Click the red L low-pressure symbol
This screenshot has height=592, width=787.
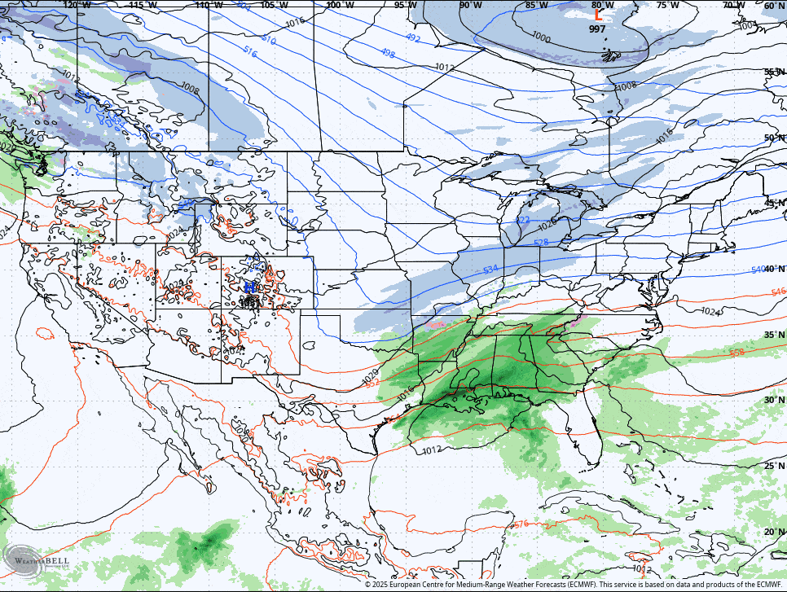click(x=598, y=14)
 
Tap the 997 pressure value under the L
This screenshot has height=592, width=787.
click(x=598, y=29)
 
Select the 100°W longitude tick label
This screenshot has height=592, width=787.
click(x=340, y=5)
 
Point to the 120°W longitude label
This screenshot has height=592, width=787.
click(x=77, y=5)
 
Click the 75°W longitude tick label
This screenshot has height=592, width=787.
click(x=667, y=5)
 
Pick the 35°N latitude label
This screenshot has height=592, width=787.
click(x=774, y=335)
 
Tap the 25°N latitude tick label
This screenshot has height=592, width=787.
click(x=774, y=466)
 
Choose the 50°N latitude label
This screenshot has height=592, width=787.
click(x=774, y=138)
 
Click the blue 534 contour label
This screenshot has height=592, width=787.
click(x=490, y=270)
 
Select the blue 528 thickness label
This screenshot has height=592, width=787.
click(x=540, y=243)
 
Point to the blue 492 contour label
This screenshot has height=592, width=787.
click(x=413, y=38)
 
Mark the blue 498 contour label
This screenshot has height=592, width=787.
click(x=388, y=54)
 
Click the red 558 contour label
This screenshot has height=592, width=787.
click(x=736, y=353)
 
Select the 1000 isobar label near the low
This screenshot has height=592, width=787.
click(x=540, y=37)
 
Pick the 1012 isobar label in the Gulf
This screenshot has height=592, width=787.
click(x=432, y=449)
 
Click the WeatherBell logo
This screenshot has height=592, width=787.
click(x=37, y=561)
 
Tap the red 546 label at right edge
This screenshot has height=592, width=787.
click(x=778, y=292)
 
